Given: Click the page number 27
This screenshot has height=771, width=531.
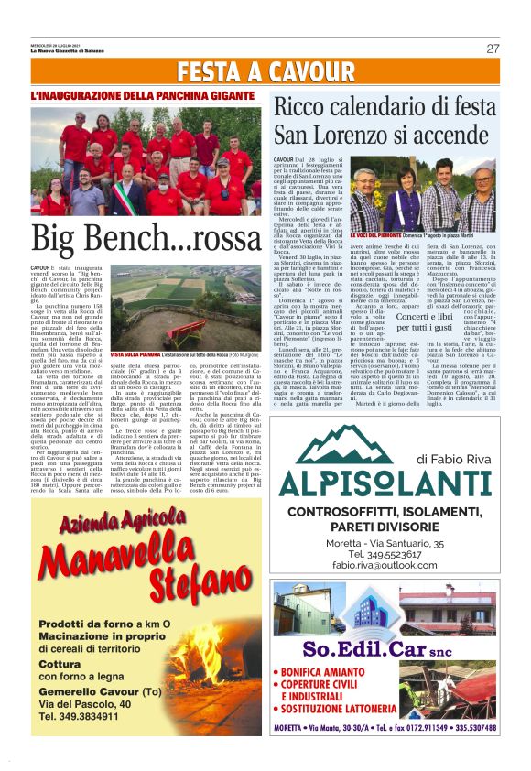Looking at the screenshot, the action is pyautogui.click(x=493, y=49).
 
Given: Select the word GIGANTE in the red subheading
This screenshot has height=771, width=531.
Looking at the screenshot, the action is pyautogui.click(x=222, y=95).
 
